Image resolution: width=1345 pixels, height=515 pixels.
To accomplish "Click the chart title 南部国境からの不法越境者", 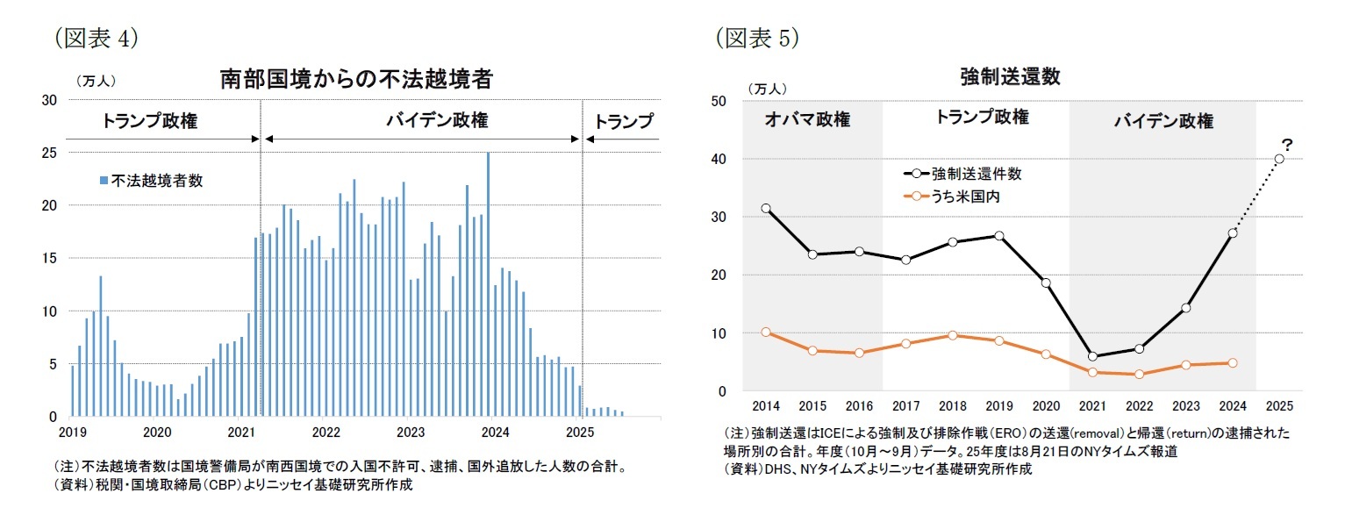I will (355, 80).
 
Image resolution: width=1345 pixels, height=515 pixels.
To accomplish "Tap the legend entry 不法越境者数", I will (151, 181).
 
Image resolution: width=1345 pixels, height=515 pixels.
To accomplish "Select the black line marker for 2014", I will (766, 209).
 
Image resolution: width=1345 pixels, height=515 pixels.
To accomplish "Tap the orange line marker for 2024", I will (1233, 362).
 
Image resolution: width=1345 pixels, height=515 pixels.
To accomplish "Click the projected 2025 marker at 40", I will (1279, 159).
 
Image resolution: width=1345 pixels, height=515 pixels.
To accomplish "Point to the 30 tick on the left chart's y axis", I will (50, 100).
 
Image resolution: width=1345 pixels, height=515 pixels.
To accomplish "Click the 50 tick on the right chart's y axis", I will (718, 101).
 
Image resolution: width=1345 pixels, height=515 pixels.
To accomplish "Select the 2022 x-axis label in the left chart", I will (326, 433).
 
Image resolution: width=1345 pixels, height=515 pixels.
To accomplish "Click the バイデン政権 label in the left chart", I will (425, 121).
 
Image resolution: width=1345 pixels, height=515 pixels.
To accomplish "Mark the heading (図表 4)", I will (97, 38).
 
